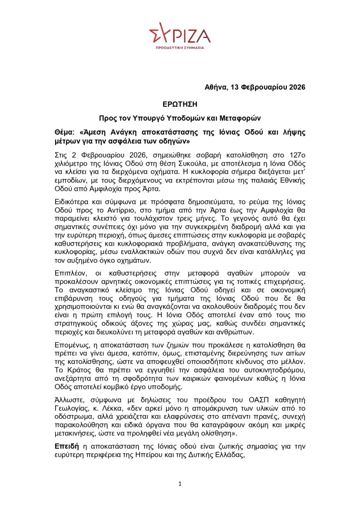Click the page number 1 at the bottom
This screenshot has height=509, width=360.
(x=180, y=484)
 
